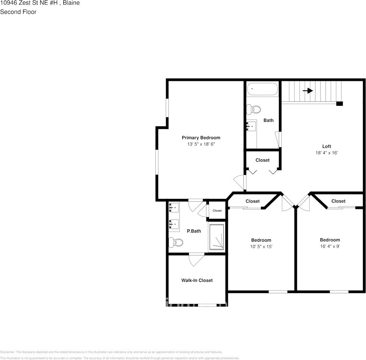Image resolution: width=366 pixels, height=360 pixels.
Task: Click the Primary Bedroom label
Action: (201, 138)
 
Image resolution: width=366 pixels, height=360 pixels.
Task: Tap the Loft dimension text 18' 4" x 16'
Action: (327, 153)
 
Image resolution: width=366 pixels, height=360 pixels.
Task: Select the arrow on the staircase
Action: (308, 91)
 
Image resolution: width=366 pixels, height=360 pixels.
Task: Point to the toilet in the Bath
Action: (254, 110)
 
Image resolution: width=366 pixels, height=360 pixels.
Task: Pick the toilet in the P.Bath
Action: (176, 242)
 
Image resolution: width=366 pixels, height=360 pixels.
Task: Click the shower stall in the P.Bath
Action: (216, 237)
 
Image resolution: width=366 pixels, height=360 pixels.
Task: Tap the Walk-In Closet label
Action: (197, 280)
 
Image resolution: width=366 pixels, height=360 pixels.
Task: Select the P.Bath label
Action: (194, 231)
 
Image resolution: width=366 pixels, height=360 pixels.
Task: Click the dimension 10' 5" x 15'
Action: (261, 247)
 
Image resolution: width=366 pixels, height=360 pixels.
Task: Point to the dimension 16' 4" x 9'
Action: (330, 246)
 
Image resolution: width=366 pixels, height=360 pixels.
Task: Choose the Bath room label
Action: (269, 120)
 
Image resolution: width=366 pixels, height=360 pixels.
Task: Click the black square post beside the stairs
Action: (339, 103)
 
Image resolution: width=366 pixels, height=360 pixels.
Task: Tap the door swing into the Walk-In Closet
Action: (196, 259)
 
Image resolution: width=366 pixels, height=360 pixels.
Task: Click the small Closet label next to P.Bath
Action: (217, 211)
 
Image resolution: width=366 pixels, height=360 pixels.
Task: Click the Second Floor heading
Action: (18, 12)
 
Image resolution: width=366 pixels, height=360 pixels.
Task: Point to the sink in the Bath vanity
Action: (251, 126)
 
